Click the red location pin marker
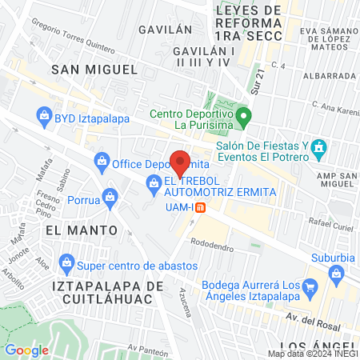tap(180, 162)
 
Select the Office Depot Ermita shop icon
tap(102, 162)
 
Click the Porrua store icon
tap(111, 196)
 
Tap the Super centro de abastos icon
tap(67, 261)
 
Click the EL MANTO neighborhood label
tap(81, 230)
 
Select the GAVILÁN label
tap(166, 29)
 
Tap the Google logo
tap(27, 350)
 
